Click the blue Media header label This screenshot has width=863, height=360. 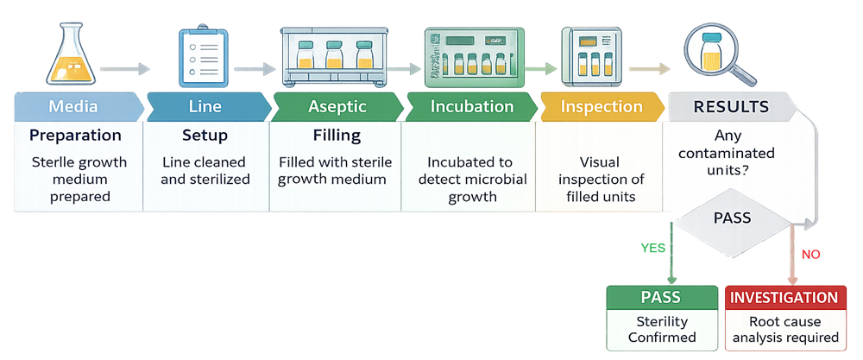pyautogui.click(x=73, y=107)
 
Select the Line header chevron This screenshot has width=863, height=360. pyautogui.click(x=205, y=107)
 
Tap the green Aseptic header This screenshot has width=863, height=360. pyautogui.click(x=337, y=107)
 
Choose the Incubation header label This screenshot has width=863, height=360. pyautogui.click(x=471, y=107)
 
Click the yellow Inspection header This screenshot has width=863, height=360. pyautogui.click(x=602, y=107)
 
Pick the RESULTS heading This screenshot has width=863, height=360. pyautogui.click(x=731, y=108)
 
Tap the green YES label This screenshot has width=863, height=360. pyautogui.click(x=652, y=248)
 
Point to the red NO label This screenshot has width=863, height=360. pyautogui.click(x=810, y=255)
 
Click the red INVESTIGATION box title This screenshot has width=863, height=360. pyautogui.click(x=784, y=298)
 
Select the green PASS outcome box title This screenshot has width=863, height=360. pyautogui.click(x=660, y=298)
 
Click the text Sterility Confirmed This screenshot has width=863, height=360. pyautogui.click(x=660, y=330)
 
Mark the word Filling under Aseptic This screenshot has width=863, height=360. pyautogui.click(x=337, y=136)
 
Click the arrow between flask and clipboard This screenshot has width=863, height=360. pyautogui.click(x=124, y=68)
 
